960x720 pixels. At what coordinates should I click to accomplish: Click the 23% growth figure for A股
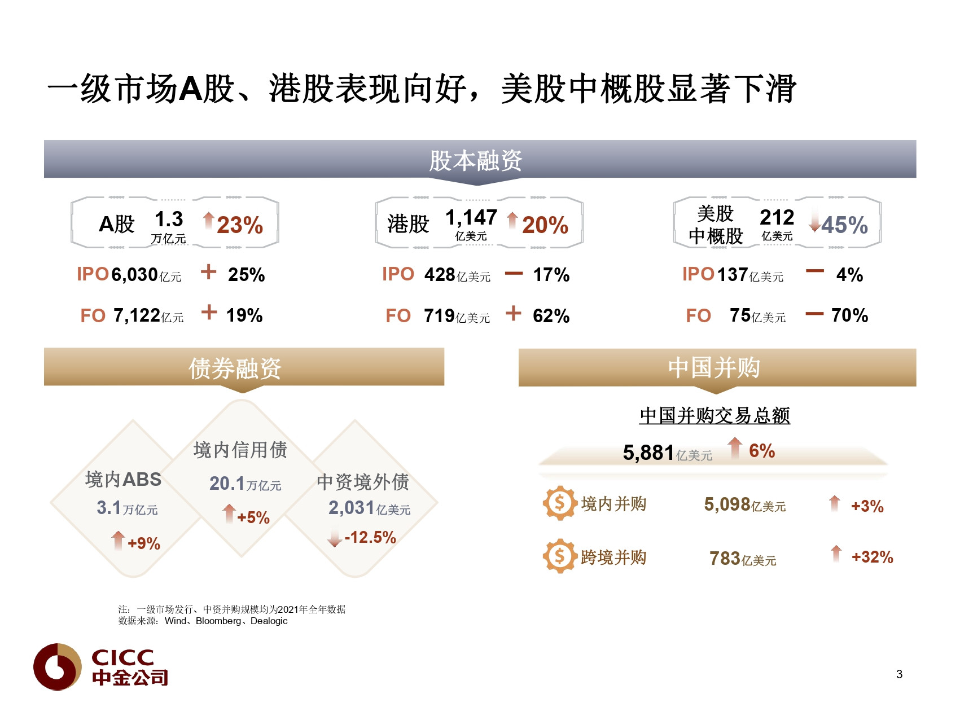click(x=240, y=225)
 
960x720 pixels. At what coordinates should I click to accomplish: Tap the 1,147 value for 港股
click(x=471, y=217)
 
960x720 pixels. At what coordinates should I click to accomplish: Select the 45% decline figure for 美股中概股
click(x=844, y=225)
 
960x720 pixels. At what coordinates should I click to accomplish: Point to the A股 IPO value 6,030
click(x=134, y=275)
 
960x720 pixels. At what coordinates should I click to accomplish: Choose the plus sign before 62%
click(x=513, y=313)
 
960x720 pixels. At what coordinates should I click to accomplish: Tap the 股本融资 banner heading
click(x=476, y=161)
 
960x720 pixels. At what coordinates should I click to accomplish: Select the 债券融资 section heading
click(x=235, y=368)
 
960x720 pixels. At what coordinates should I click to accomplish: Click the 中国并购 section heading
click(x=714, y=368)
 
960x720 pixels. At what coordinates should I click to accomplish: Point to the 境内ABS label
click(x=123, y=480)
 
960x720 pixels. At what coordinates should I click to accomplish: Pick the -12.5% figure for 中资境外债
click(x=370, y=537)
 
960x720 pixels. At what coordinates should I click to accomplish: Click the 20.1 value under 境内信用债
click(x=227, y=484)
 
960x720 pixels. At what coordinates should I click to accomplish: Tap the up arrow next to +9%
click(x=118, y=541)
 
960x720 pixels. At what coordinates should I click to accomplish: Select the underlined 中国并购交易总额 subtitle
click(x=714, y=416)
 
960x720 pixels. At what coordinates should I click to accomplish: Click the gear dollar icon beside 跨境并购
click(x=559, y=556)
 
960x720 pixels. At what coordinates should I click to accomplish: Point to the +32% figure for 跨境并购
click(x=872, y=557)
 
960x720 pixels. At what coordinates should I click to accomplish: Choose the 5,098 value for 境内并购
click(x=727, y=504)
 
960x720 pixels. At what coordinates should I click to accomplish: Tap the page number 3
click(x=899, y=674)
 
